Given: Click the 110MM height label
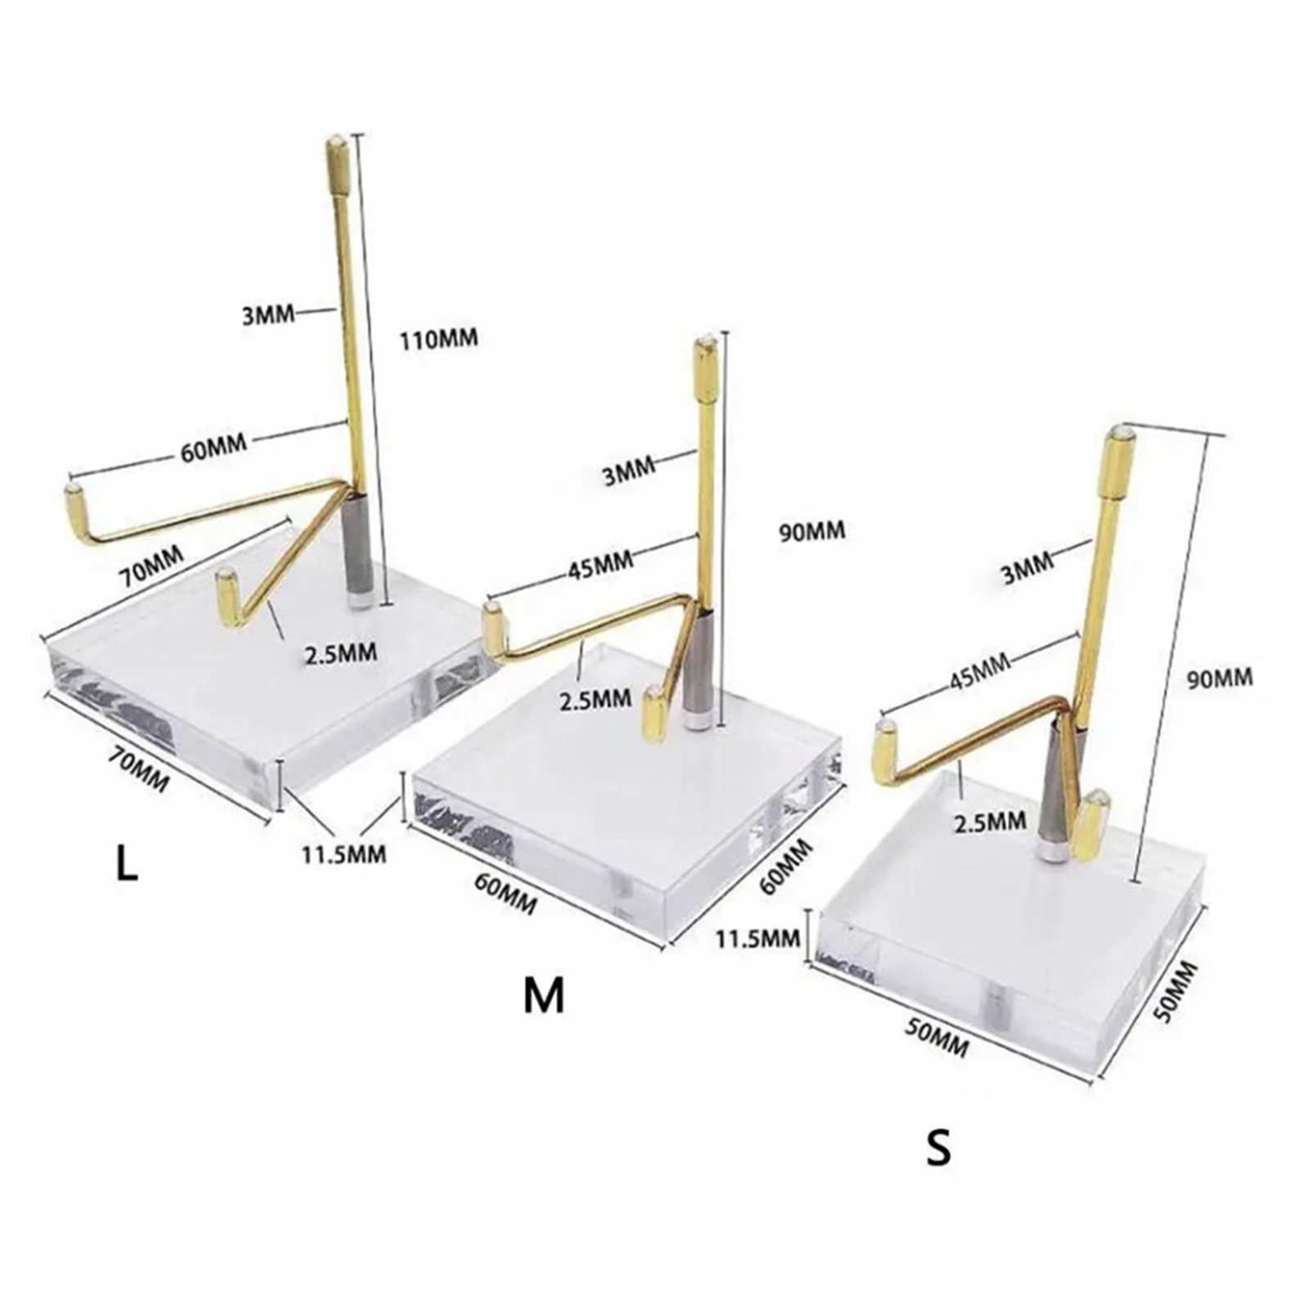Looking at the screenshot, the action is click(438, 338).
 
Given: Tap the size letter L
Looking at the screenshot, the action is click(125, 865).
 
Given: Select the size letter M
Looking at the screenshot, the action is click(544, 995).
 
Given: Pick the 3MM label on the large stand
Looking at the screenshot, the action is click(268, 313).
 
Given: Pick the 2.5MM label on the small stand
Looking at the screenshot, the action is click(990, 820).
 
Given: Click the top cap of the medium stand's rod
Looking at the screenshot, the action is click(706, 362).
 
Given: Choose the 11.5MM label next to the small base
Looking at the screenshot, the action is click(759, 938).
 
